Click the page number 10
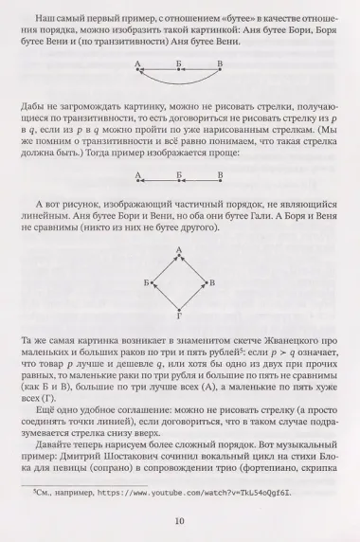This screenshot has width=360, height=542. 180,519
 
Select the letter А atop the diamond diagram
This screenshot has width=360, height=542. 178,248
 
